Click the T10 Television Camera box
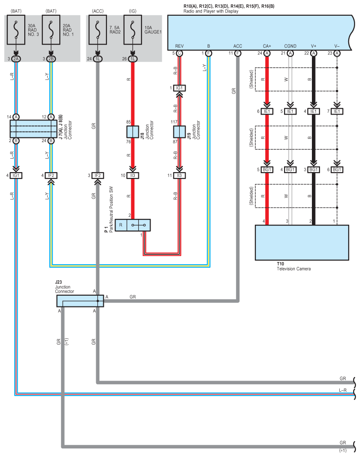click(302, 242)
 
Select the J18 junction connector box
click(132, 132)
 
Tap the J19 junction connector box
click(179, 132)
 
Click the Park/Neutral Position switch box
click(132, 225)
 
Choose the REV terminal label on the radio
click(179, 46)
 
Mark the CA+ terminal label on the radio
click(267, 46)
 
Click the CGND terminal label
click(290, 46)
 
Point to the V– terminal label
click(337, 46)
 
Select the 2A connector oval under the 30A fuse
click(17, 59)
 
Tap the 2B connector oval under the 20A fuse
click(51, 59)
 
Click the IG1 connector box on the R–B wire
click(179, 88)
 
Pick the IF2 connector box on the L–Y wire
click(51, 175)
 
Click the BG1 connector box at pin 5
click(267, 170)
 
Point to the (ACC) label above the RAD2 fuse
click(98, 10)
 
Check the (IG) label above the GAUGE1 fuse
click(132, 10)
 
